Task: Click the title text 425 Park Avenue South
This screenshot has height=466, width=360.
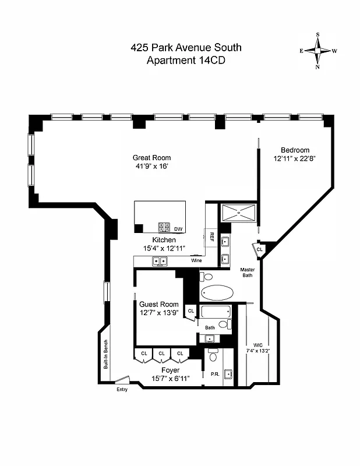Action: coord(185,47)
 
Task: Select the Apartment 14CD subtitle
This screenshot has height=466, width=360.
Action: coord(185,59)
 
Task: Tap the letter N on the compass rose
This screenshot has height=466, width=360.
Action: coord(318,67)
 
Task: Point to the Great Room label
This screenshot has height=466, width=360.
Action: coord(151,157)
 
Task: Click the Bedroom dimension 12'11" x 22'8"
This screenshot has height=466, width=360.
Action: coord(295,158)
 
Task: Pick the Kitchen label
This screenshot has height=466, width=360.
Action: coord(164,240)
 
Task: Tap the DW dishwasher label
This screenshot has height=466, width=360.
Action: coord(178,229)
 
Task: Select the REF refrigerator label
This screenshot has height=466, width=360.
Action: coord(211,238)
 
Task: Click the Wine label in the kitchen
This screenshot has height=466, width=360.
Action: coord(196,260)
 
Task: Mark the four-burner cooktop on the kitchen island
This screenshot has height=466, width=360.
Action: coord(164,228)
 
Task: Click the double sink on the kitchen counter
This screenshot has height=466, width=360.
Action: coord(160,262)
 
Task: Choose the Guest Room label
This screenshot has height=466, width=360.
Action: coord(158,304)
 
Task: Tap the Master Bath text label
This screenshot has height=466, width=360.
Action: coord(250,272)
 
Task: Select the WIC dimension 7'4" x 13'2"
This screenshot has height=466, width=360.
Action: coord(257,351)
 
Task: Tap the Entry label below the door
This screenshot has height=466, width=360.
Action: coord(122,390)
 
